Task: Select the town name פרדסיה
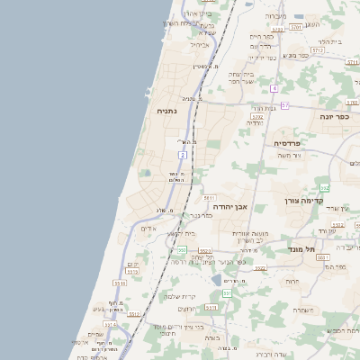coord(293,143)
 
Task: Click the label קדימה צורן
coord(303,201)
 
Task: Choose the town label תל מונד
coord(302,247)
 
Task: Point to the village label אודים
coord(148,229)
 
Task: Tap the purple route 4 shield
coord(274,88)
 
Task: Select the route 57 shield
coord(284,105)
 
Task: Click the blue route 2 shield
coord(183,156)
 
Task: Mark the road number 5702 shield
coord(257,116)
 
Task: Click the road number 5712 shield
coord(318,51)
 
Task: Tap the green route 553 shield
coord(227,292)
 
